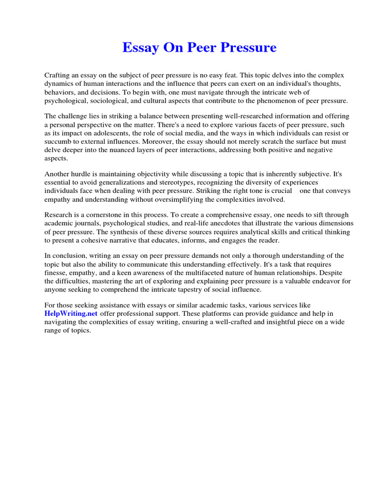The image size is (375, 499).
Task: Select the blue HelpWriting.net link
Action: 71,313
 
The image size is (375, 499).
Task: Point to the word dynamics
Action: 59,84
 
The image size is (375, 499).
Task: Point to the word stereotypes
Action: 159,183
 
